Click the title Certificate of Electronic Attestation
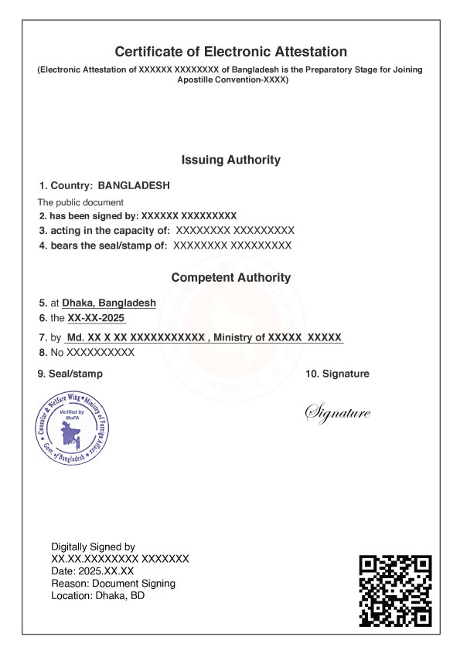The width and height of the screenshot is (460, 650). point(230,52)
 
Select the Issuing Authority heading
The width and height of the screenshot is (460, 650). point(230,161)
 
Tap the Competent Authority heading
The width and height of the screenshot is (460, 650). point(230,277)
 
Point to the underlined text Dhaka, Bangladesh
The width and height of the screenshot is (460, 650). point(109,303)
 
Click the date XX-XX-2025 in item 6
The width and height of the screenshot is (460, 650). point(96,318)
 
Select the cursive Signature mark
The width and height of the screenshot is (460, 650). point(338,413)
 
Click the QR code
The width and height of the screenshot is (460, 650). point(395,590)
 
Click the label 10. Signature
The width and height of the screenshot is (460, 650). point(337,374)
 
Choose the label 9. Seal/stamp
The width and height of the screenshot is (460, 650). point(70,374)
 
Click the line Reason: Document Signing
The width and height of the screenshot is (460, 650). point(113,584)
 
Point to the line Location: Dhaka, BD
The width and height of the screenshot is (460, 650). point(97,596)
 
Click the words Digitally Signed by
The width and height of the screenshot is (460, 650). point(93,547)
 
